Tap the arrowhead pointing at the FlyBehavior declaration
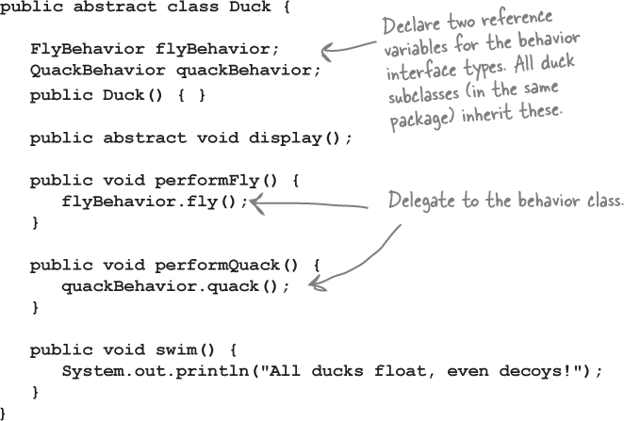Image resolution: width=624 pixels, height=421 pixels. coord(327,52)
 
